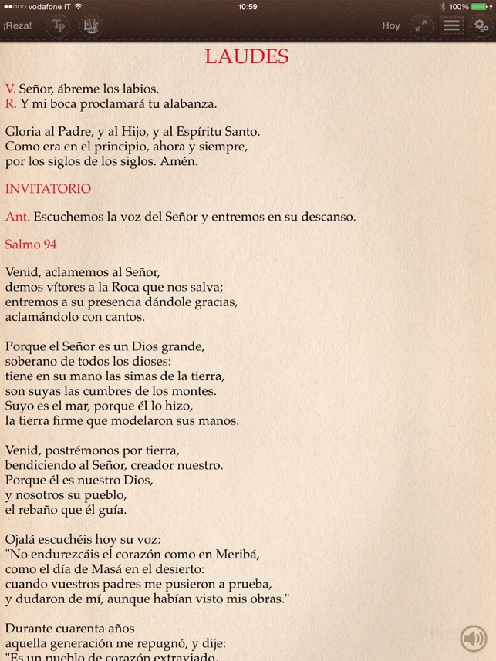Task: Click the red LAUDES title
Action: [x=247, y=56]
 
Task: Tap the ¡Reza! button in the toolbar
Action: [x=18, y=25]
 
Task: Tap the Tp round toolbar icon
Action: [x=59, y=25]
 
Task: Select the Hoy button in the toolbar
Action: [x=391, y=25]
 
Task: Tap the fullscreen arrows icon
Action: [x=421, y=25]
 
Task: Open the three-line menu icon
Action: [x=451, y=25]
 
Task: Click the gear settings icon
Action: [x=481, y=25]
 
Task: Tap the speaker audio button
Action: [x=473, y=639]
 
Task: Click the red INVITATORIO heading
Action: [x=48, y=188]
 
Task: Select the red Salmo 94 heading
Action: [x=31, y=245]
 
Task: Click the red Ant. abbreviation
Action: [x=17, y=217]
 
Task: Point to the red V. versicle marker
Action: [x=10, y=89]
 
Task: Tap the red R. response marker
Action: [x=10, y=103]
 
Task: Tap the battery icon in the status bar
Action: [x=481, y=6]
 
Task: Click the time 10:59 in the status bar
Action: [x=248, y=6]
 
